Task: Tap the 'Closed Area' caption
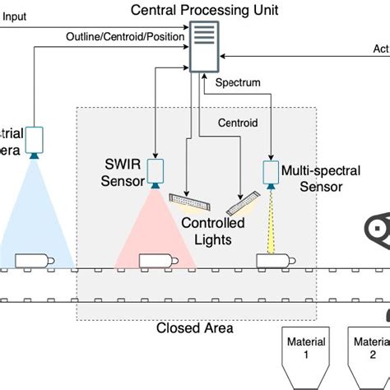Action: point(194,328)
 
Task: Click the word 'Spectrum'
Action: point(238,83)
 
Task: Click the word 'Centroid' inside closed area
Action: point(237,123)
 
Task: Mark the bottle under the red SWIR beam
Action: point(156,260)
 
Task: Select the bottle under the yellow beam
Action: point(272,260)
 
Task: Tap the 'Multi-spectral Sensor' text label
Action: point(324,179)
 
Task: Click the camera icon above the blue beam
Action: point(35,138)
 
